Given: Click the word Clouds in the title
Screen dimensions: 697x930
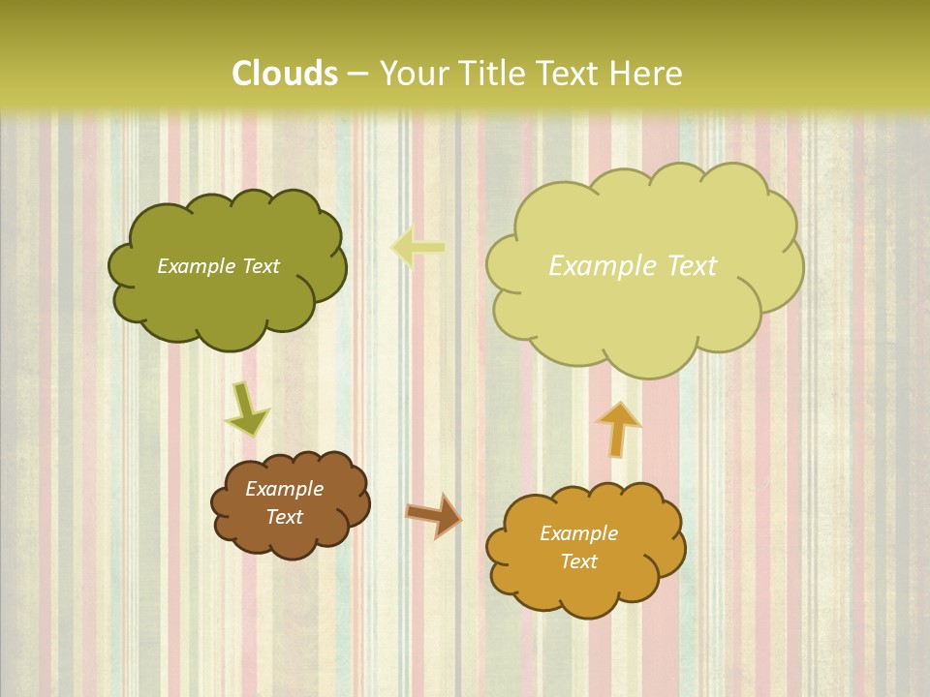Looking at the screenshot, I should tap(285, 74).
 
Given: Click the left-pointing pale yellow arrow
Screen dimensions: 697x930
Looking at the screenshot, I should tap(418, 247).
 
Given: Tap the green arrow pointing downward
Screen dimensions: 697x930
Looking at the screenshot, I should tap(246, 409).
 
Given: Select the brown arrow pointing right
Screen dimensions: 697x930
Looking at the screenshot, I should tap(433, 514).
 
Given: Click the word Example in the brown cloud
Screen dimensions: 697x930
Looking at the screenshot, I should tap(284, 489).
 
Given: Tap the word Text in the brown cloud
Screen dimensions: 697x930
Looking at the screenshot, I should tap(285, 517).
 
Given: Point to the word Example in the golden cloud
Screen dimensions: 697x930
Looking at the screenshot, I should tap(578, 533).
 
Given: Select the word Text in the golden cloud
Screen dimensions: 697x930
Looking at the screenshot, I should tap(578, 561).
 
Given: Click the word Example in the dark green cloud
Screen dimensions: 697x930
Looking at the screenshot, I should tap(197, 266).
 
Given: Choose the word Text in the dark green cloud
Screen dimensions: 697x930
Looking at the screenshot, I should tap(262, 266).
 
